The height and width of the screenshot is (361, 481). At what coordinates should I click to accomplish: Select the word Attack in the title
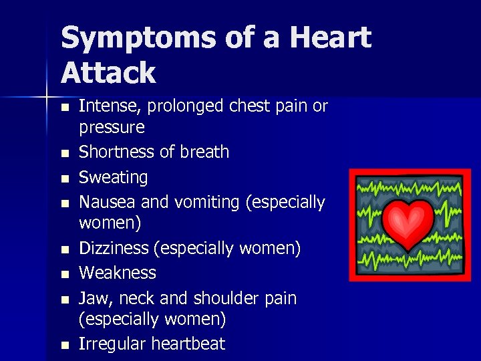click(x=108, y=72)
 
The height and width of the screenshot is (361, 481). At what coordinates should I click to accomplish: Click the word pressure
click(x=112, y=128)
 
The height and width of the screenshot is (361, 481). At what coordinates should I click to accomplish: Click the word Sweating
click(x=113, y=178)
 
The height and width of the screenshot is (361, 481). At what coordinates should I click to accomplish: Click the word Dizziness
click(x=114, y=249)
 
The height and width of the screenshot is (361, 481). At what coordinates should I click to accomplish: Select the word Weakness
click(x=117, y=273)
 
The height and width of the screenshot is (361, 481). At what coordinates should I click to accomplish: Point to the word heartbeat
click(x=188, y=344)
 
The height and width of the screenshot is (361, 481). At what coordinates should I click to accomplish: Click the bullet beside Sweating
click(x=64, y=179)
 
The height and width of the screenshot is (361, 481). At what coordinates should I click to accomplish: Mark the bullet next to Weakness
click(x=64, y=274)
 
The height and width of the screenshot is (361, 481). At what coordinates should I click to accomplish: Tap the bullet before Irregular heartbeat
click(x=64, y=346)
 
